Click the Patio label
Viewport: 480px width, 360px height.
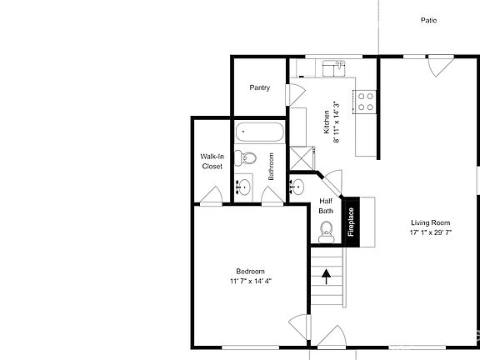[428, 21]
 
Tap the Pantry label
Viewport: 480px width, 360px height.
[260, 87]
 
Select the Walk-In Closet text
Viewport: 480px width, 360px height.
[212, 161]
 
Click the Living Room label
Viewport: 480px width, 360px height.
[430, 222]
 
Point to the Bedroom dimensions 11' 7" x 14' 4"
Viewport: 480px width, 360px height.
[251, 282]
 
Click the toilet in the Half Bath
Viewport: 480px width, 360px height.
[326, 229]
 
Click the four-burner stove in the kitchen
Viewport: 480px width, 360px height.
[365, 101]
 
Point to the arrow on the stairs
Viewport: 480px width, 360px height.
[327, 273]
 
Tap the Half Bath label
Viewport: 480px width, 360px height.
[326, 206]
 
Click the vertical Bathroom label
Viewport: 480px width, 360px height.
[272, 166]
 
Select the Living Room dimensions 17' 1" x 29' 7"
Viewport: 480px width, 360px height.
[430, 233]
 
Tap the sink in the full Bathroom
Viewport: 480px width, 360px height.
[244, 187]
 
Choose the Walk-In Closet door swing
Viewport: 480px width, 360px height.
[210, 196]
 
